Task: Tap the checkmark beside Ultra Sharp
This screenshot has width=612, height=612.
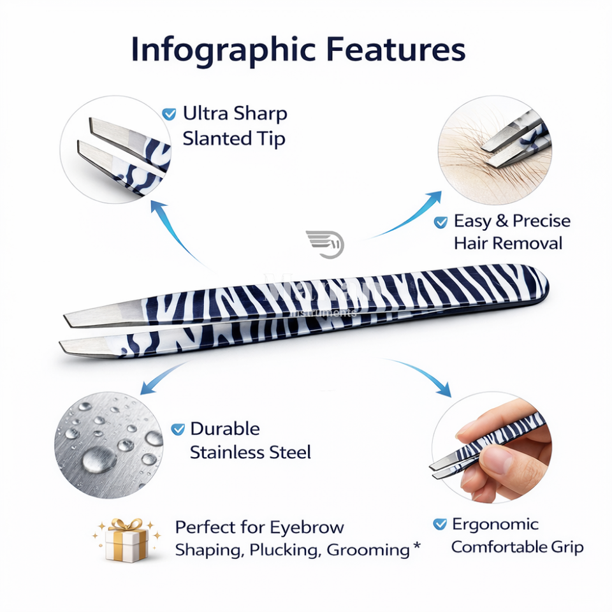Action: tap(169, 115)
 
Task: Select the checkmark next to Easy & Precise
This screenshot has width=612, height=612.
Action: tap(441, 222)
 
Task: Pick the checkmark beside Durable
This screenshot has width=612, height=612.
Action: tap(178, 429)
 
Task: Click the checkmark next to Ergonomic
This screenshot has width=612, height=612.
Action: tap(440, 525)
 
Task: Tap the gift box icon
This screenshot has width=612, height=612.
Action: tap(126, 540)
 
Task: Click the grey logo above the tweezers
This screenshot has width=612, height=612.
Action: tap(325, 243)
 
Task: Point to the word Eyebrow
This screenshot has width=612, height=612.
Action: tap(307, 528)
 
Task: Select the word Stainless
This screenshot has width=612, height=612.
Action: tap(226, 453)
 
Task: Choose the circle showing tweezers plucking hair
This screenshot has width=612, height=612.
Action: tap(494, 150)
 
